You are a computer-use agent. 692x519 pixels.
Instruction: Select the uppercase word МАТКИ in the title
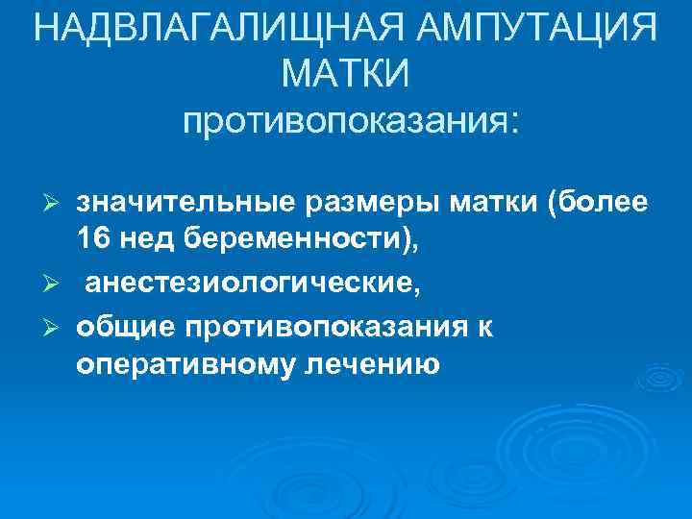pyautogui.click(x=347, y=73)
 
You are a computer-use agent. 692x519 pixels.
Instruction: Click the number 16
pyautogui.click(x=93, y=243)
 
